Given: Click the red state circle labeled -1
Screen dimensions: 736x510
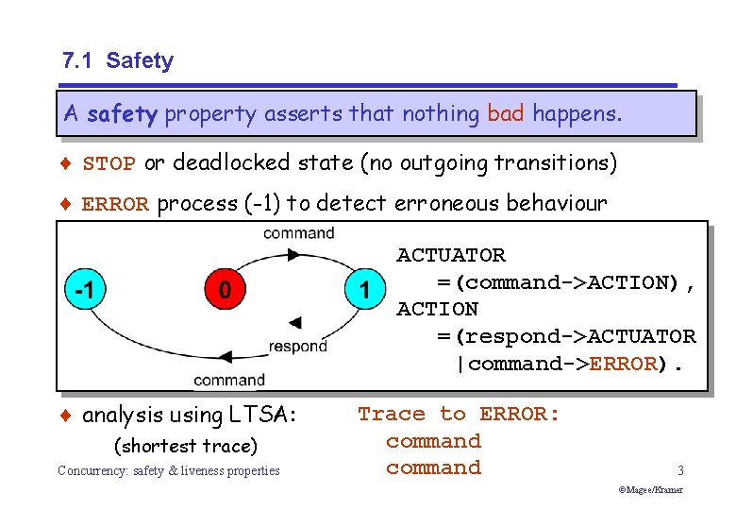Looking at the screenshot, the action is [85, 291].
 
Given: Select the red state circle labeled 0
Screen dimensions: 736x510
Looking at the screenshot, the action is [224, 291].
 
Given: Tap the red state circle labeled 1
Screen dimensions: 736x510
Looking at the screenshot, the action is [365, 291].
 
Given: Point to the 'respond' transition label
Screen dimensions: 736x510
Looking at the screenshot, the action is [297, 347].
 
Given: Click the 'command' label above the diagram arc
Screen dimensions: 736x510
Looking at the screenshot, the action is [298, 232].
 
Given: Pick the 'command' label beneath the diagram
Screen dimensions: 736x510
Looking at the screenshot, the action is [229, 380].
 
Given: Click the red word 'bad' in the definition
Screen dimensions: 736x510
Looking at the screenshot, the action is [506, 114].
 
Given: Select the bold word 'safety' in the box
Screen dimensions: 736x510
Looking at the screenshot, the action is [122, 115].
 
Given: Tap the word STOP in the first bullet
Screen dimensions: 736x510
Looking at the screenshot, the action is [109, 164].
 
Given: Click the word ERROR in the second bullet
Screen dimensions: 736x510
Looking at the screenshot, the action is [115, 205].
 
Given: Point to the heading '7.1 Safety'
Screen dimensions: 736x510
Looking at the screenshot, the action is [118, 61].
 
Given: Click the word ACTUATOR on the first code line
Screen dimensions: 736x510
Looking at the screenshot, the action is [451, 255].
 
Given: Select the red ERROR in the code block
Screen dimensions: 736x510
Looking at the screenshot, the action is [622, 364].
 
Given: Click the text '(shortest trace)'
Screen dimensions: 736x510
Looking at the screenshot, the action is [185, 446].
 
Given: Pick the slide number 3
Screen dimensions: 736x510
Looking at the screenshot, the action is [679, 469].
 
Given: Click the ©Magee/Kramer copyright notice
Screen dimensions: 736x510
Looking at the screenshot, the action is [650, 490].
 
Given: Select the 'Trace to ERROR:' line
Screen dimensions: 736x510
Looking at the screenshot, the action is [459, 414].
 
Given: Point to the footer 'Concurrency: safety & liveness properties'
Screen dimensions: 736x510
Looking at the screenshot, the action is [169, 470].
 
